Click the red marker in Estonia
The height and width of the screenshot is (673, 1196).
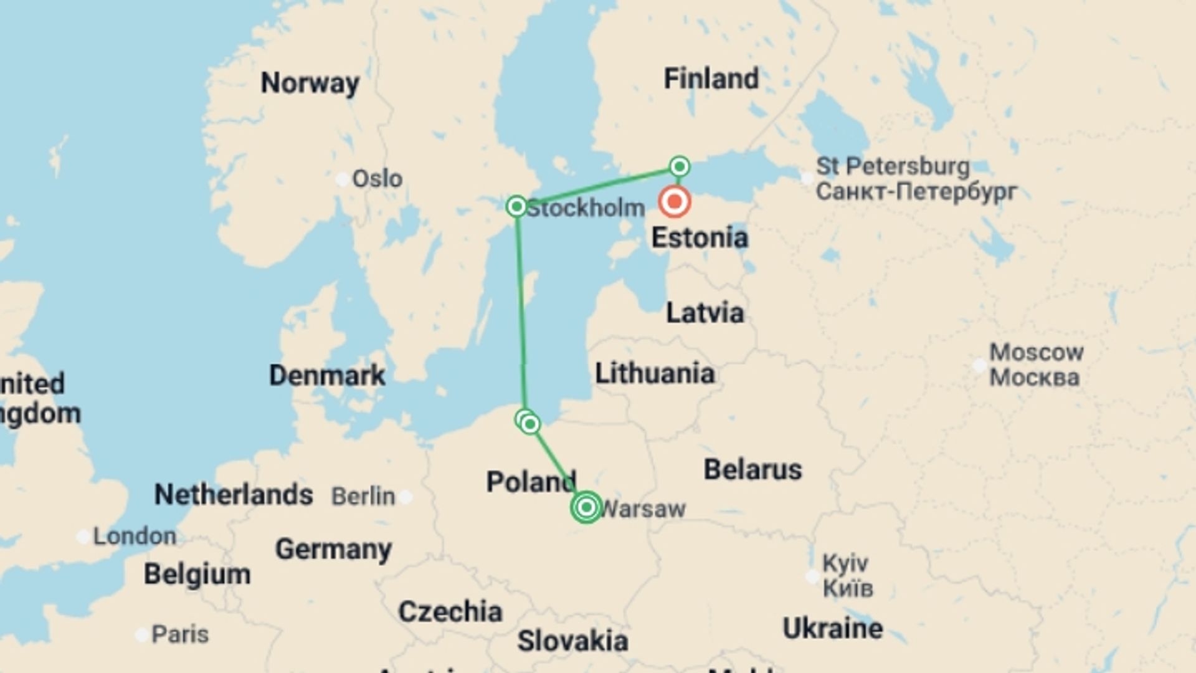pos(675,201)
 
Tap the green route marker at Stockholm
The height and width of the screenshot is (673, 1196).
pos(516,206)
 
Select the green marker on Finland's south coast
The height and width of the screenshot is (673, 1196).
pos(680,166)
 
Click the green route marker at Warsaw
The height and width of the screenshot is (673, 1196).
pos(586,507)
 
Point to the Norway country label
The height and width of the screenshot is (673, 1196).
pos(310,83)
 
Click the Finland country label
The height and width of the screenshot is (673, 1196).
pos(711,79)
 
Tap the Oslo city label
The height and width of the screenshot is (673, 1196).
pos(377,179)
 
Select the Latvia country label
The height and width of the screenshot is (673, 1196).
pos(705,313)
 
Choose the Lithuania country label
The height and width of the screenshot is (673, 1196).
pos(655,373)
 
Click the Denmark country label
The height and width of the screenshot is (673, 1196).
pos(327,375)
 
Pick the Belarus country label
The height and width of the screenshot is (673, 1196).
pos(752,469)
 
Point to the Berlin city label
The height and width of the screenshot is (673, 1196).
pos(363,497)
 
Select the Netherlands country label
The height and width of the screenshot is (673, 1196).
pos(233,495)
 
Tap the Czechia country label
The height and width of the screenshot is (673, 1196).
pos(450,612)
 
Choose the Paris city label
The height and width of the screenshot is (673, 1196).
pos(180,634)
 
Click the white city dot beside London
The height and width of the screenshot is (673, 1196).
pos(83,537)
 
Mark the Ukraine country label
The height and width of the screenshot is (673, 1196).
pos(832,628)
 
